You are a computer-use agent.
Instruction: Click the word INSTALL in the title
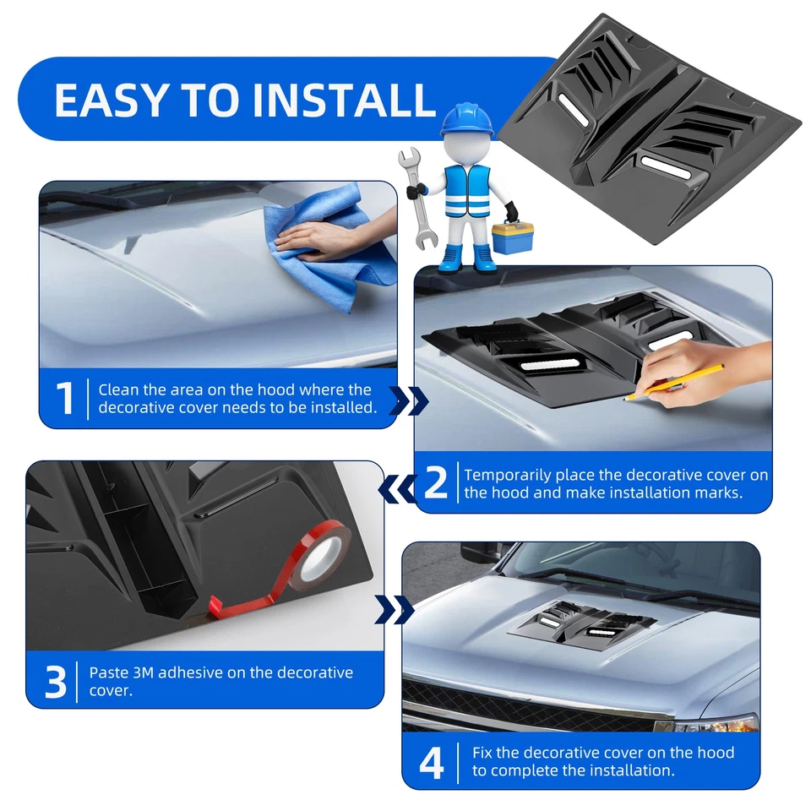click(x=344, y=100)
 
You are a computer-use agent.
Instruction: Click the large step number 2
click(x=435, y=482)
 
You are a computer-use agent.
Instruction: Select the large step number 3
click(x=55, y=682)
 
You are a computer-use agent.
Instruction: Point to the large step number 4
click(x=432, y=761)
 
